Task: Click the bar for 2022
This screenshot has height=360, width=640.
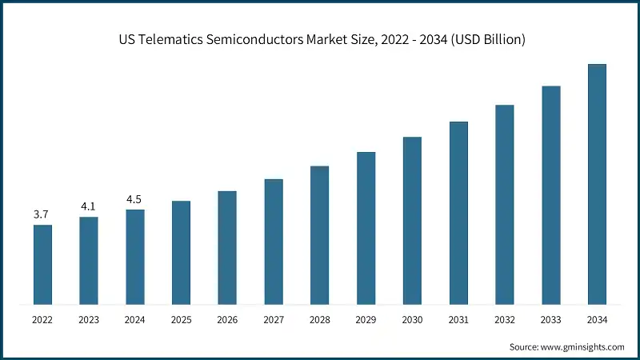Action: point(42,264)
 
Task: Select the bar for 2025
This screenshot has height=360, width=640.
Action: point(181,252)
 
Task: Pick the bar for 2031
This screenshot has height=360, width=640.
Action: point(458,213)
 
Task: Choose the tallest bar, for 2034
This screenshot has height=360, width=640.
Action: point(597,184)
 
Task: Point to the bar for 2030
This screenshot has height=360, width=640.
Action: point(412,220)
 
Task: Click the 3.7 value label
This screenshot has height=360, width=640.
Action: point(42,214)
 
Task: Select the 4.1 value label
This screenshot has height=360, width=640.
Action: point(88,206)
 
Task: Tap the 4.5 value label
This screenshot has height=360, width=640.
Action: point(134,199)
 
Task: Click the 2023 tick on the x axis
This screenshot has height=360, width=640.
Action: point(89,320)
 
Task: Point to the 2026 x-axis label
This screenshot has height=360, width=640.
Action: point(227,320)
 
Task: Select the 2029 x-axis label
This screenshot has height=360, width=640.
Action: point(366,320)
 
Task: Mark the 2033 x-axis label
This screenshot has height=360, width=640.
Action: point(550,320)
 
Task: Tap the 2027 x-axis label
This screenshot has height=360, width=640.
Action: point(274,320)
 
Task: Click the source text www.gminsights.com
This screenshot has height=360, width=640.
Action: point(583,347)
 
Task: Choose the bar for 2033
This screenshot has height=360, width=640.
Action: point(550,194)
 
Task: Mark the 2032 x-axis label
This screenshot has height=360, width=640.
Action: point(504,320)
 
